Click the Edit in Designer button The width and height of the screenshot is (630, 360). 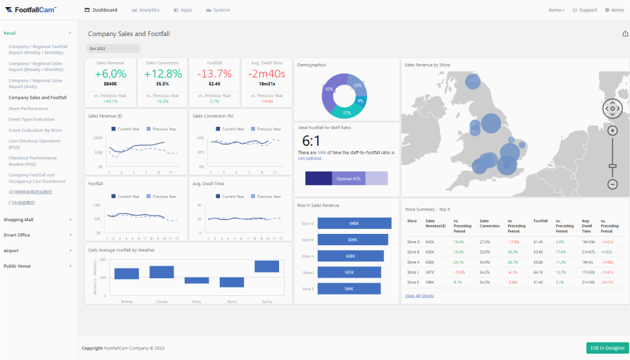607,348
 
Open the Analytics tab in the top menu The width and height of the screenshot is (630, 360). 145,10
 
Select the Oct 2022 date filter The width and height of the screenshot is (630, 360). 113,49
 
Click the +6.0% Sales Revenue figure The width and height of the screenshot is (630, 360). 110,73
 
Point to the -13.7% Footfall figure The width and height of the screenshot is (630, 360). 214,73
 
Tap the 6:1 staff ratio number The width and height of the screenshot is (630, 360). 311,140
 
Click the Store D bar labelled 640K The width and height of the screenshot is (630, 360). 354,223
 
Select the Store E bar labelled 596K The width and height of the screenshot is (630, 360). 349,288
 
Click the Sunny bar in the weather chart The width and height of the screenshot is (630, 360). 267,266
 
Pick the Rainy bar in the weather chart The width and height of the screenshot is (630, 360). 197,280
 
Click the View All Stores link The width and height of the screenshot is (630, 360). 419,296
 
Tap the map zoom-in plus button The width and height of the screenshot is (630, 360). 612,131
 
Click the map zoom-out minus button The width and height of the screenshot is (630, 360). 612,184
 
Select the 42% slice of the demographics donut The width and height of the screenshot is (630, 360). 329,90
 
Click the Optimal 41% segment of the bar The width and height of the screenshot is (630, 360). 348,178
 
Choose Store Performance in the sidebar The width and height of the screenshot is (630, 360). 28,108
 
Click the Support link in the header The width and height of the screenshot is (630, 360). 585,10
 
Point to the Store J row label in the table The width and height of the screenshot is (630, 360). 413,272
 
